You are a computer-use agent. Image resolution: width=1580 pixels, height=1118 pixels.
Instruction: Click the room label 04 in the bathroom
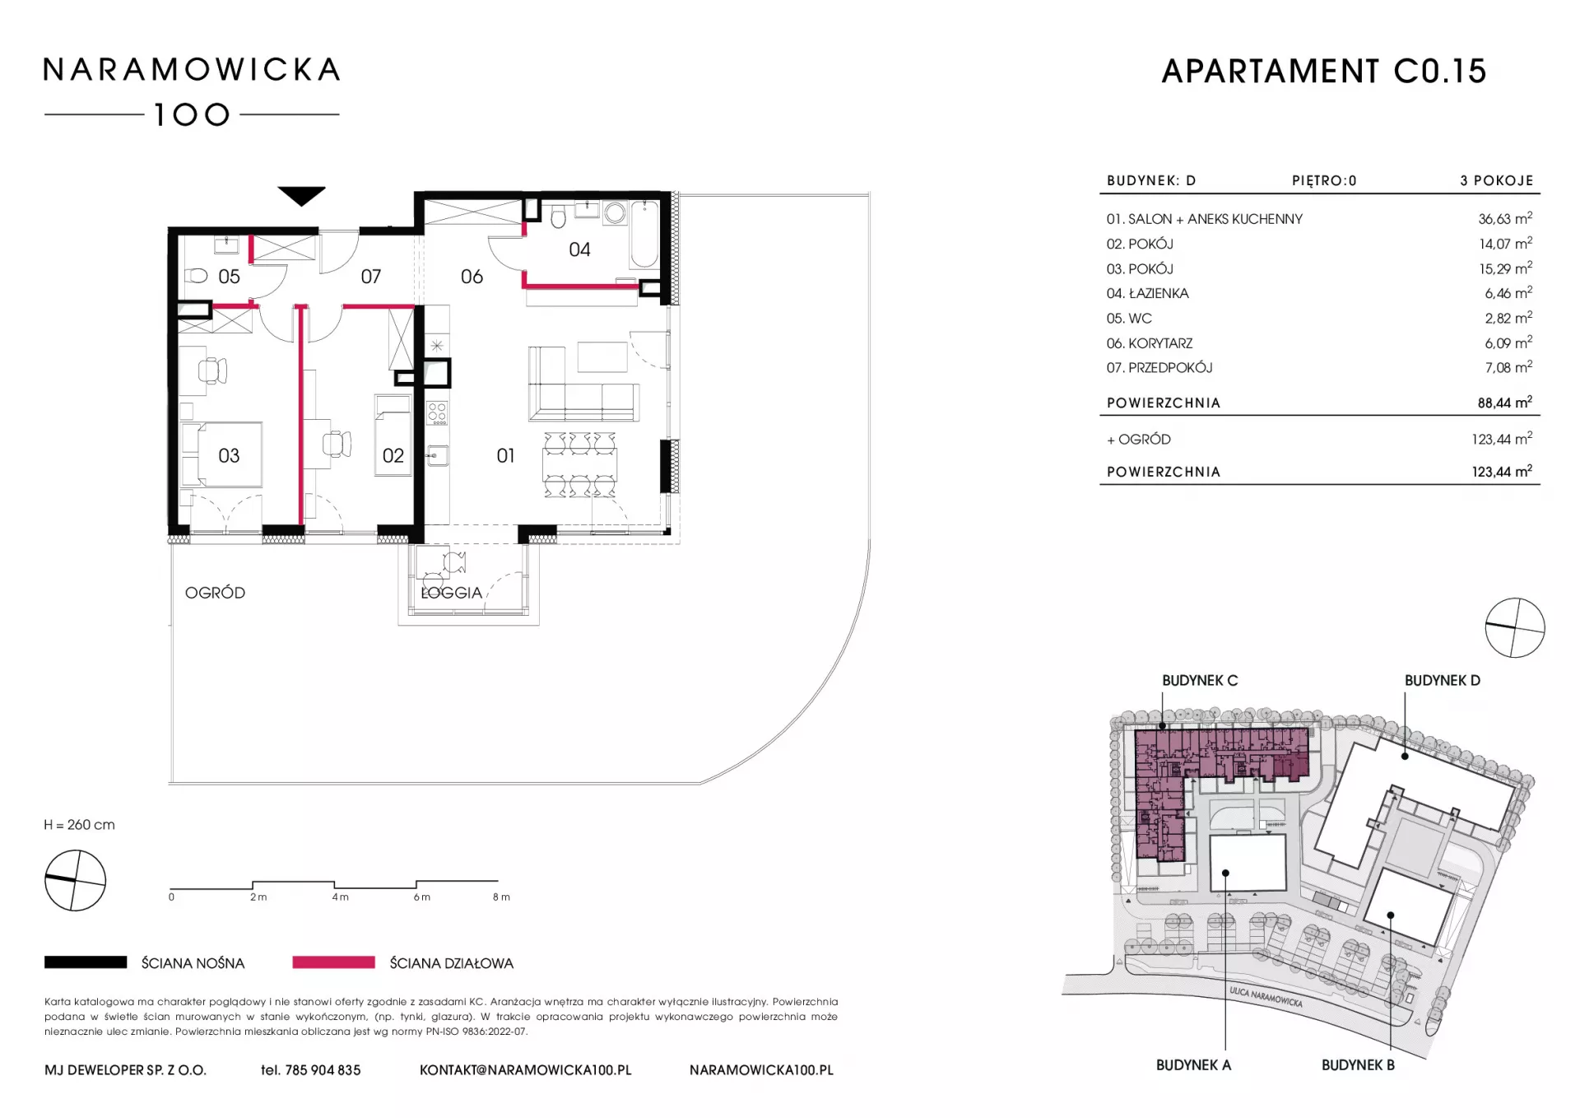[x=579, y=249]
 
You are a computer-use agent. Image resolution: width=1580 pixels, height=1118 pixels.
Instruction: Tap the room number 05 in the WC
[x=229, y=277]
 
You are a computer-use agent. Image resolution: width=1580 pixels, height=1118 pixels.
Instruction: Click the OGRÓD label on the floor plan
[x=215, y=593]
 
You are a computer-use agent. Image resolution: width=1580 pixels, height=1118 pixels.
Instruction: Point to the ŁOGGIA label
[x=451, y=593]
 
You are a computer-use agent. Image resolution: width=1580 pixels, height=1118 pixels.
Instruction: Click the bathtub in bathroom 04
[x=644, y=234]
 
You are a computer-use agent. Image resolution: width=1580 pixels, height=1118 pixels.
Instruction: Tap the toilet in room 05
[x=195, y=276]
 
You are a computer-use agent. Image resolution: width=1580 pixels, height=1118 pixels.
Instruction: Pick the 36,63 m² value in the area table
[x=1505, y=219]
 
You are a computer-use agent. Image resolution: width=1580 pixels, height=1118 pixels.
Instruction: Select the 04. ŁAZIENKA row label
[x=1147, y=293]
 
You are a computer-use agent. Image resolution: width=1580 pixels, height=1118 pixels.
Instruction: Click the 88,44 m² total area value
[x=1505, y=403]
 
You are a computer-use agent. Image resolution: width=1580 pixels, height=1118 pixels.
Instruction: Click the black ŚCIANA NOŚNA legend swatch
[x=86, y=962]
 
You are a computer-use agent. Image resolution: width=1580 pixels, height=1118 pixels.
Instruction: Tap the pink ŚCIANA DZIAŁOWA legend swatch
[x=333, y=962]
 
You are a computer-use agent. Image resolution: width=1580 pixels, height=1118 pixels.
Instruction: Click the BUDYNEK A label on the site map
[x=1193, y=1065]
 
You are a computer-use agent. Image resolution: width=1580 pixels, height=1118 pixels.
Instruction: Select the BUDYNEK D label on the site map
[x=1442, y=681]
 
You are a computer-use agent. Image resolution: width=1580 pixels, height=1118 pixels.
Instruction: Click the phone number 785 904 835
[x=323, y=1070]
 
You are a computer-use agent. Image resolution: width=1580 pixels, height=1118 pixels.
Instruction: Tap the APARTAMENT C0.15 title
[x=1323, y=72]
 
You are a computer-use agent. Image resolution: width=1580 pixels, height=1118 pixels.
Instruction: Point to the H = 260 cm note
[x=79, y=825]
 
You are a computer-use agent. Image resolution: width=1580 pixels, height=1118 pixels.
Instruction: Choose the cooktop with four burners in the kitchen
[x=437, y=413]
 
